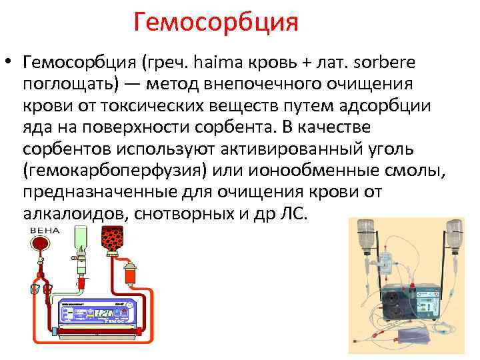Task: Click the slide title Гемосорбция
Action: [x=215, y=22]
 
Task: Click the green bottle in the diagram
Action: [x=81, y=243]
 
